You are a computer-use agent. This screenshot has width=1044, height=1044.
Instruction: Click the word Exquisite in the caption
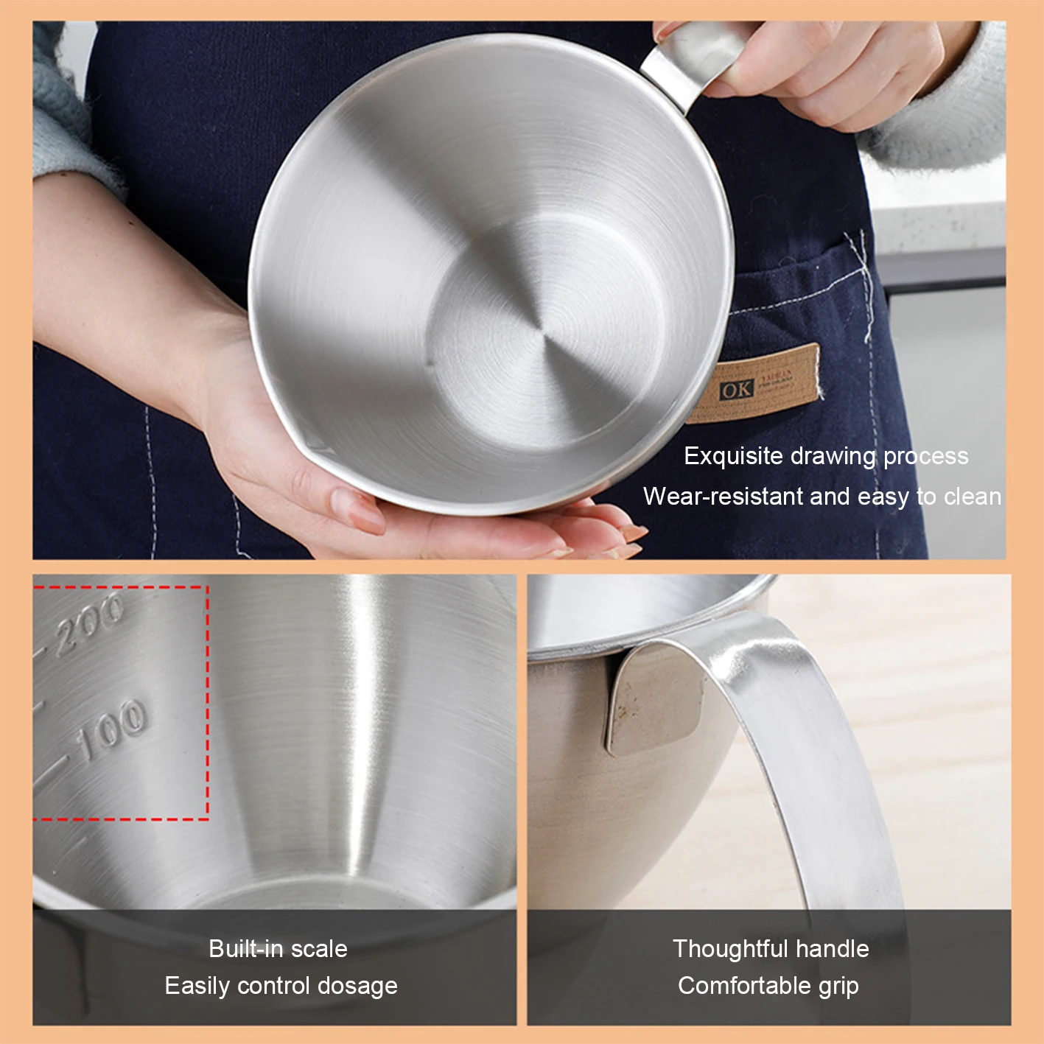click(x=733, y=456)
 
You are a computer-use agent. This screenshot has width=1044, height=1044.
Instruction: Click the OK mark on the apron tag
click(x=736, y=390)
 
